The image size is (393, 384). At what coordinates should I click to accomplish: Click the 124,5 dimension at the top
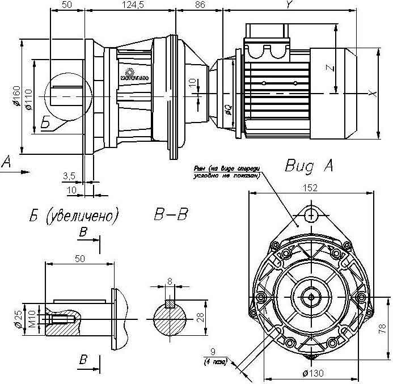click(130, 5)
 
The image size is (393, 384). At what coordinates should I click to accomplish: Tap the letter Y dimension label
click(289, 5)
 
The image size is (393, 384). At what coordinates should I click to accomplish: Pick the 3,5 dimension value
click(69, 175)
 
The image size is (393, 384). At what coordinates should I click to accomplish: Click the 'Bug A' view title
click(309, 166)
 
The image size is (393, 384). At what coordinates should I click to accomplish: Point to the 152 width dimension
click(310, 188)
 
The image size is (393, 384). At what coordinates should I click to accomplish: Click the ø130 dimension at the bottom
click(313, 373)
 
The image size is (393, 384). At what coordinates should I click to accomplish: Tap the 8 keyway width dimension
click(170, 281)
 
